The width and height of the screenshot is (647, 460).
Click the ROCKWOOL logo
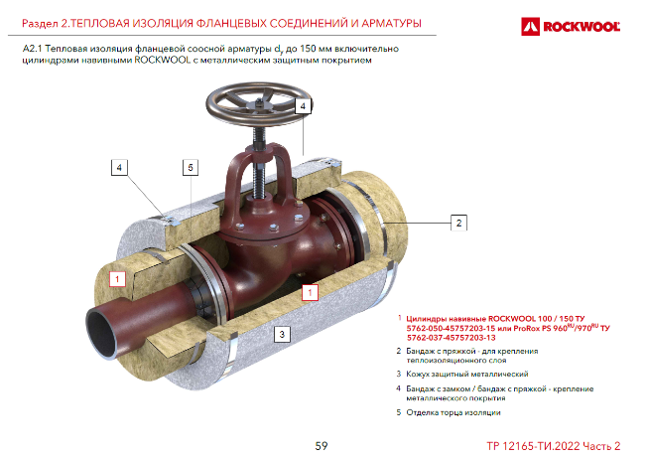tap(571, 27)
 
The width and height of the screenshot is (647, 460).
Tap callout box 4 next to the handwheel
tap(303, 106)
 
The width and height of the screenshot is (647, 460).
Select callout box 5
tap(191, 167)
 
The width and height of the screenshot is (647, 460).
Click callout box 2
tap(458, 223)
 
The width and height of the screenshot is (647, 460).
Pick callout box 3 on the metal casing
tap(282, 334)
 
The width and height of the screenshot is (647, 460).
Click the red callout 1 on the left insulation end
tap(117, 279)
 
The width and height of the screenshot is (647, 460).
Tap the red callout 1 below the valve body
tap(310, 293)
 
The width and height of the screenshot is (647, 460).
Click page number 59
tap(322, 446)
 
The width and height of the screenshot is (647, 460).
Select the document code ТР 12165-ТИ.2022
tap(533, 446)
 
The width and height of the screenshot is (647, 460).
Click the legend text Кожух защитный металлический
tap(467, 374)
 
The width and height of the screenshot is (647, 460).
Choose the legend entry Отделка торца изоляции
tap(453, 412)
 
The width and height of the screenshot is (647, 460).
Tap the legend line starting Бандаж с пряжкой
tap(472, 356)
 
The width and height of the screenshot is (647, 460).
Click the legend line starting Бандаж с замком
tap(500, 393)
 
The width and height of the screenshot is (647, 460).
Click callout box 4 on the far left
tap(119, 167)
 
